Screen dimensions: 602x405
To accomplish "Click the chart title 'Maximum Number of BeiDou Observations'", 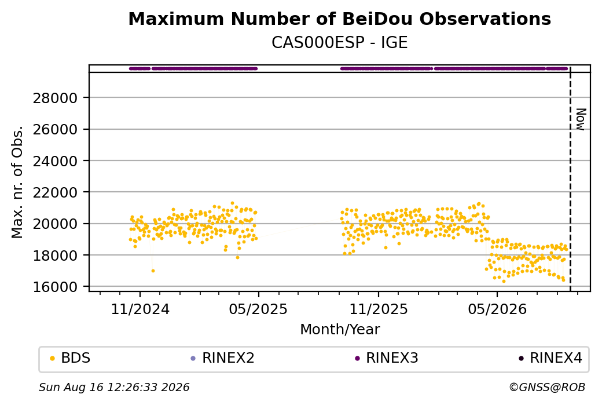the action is (339, 19).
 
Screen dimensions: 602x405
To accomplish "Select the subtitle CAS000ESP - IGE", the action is (339, 43).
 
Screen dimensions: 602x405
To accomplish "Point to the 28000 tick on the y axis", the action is (56, 98).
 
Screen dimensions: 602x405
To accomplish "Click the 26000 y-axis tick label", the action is (56, 130).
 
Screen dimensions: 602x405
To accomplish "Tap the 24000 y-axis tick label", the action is (56, 162).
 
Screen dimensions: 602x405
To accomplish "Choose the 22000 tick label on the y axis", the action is (56, 193).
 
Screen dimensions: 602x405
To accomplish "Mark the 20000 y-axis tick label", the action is (56, 224).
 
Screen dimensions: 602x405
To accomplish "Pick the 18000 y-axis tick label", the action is (56, 256).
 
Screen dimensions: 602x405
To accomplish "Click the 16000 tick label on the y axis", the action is (56, 287).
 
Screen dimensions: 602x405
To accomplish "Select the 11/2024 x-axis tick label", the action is (140, 309).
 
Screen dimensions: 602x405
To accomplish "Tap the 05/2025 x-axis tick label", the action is (258, 309).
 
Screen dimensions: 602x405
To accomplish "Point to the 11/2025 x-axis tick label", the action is (379, 309).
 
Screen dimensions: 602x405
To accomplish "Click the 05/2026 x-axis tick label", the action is (497, 309).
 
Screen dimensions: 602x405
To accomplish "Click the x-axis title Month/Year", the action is (340, 330).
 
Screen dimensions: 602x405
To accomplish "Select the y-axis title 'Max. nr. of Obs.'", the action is (17, 182).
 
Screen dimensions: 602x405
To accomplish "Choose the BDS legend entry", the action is (71, 358).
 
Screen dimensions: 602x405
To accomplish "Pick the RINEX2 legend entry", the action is (223, 358).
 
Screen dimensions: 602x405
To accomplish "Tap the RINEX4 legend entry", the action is (550, 358).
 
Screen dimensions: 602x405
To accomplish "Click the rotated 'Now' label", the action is (581, 119).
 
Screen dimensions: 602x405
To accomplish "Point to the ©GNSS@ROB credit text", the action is (547, 387).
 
